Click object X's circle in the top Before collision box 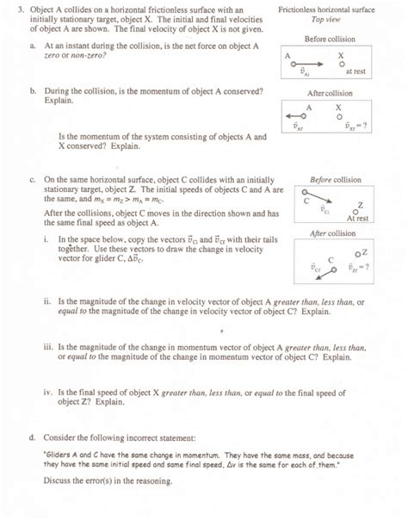(x=343, y=64)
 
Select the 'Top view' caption (x=328, y=17)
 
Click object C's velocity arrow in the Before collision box (x=318, y=204)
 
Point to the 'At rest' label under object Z (x=357, y=219)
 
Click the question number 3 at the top (x=9, y=8)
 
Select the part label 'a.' (x=33, y=43)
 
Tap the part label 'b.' (x=33, y=90)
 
